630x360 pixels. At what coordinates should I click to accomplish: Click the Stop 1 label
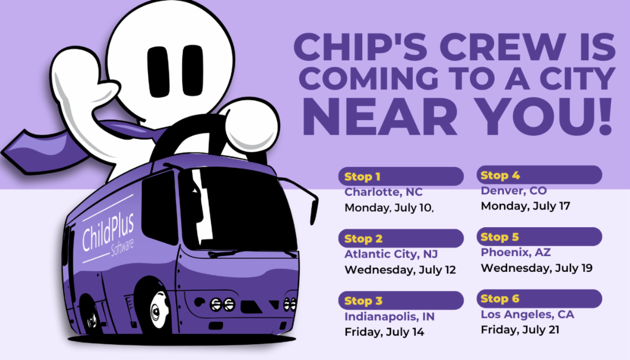[362, 177]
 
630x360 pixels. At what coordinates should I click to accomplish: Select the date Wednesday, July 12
[400, 270]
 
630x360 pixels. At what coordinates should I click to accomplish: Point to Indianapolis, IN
[390, 316]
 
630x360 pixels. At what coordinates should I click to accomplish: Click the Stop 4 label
[500, 175]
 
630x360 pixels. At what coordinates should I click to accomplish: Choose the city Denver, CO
[513, 190]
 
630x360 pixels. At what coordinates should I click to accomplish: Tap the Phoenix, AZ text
[516, 252]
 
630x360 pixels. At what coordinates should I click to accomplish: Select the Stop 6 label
[500, 299]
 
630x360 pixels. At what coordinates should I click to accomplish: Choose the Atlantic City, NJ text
[391, 255]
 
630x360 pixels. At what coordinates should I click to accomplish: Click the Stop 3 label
[363, 301]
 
